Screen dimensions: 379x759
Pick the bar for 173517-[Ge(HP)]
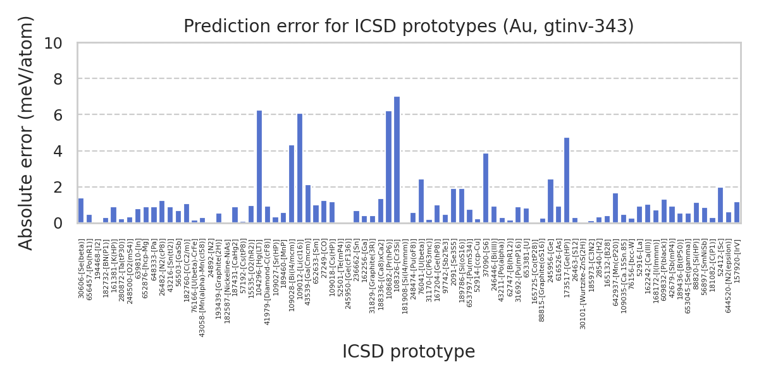pos(567,181)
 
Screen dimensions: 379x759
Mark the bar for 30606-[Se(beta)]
pos(81,211)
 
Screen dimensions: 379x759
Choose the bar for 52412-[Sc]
pos(720,205)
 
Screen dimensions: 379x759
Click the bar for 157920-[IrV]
pos(737,213)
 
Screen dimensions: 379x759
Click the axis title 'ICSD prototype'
pos(409,352)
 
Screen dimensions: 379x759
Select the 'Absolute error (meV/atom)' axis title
pos(26,133)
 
